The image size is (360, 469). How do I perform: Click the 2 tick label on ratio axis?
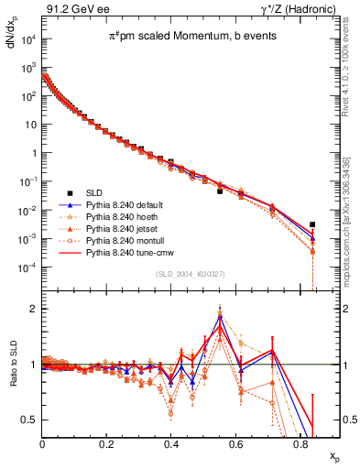(35, 309)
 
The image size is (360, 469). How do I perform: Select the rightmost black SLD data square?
(313, 224)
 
